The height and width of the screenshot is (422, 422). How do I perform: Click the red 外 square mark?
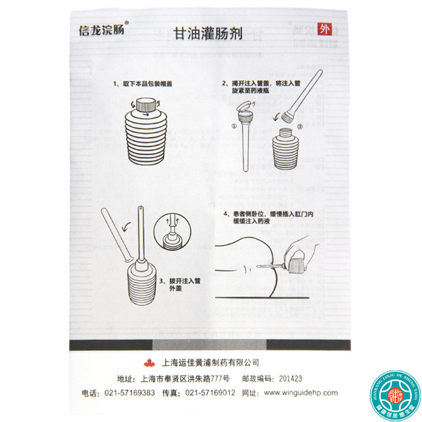pyautogui.click(x=321, y=30)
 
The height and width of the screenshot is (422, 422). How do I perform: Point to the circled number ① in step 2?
pyautogui.click(x=233, y=126)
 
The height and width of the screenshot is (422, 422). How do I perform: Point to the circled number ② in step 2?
pyautogui.click(x=299, y=127)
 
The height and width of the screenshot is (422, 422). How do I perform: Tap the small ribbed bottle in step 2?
pyautogui.click(x=286, y=150)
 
